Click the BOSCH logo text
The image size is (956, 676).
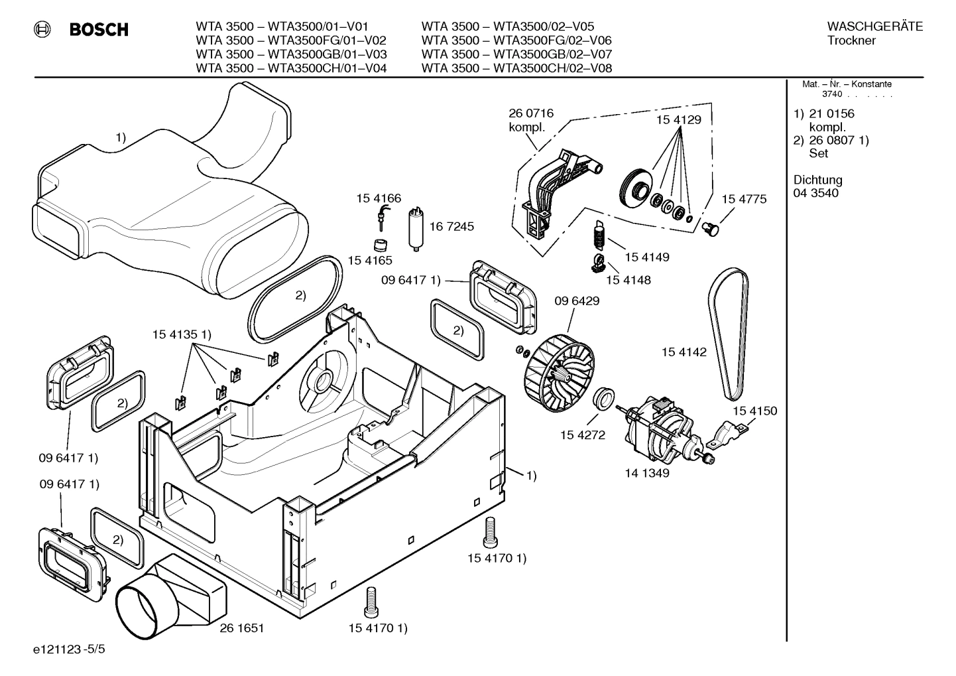pos(99,30)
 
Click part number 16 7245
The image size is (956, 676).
pos(451,227)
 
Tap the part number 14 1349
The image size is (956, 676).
pos(646,473)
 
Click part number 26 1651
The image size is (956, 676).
pos(241,628)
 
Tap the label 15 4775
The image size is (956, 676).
pos(744,199)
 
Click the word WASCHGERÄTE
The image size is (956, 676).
pos(874,27)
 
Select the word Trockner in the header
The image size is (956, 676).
pos(851,40)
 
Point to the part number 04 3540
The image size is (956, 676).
pos(815,193)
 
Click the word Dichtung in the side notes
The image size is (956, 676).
pos(817,180)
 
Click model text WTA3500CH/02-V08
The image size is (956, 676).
pos(516,68)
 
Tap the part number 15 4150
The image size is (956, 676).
pos(754,411)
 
